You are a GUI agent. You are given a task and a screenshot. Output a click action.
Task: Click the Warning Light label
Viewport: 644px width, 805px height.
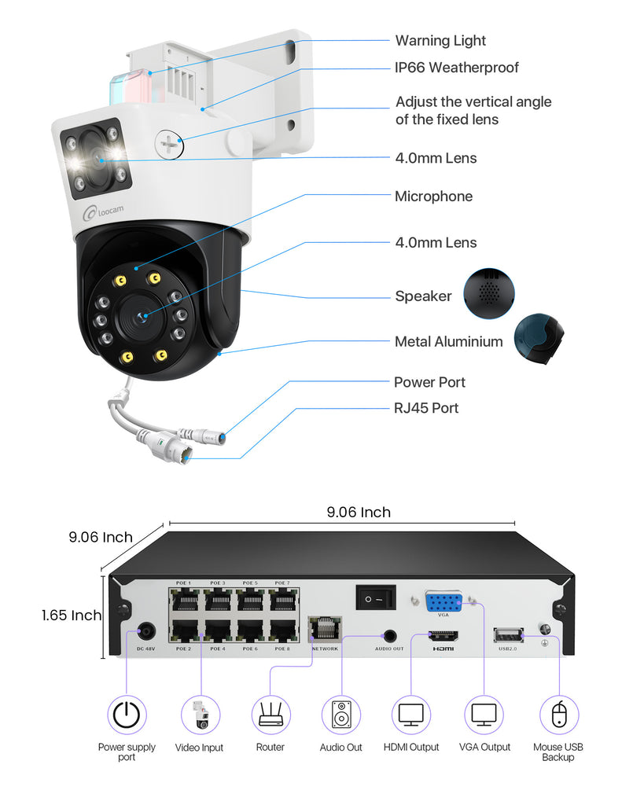[440, 41]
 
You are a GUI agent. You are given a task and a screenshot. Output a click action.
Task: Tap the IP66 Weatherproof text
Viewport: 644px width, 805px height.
[457, 68]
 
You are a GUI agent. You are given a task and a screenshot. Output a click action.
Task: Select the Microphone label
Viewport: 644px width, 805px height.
[433, 197]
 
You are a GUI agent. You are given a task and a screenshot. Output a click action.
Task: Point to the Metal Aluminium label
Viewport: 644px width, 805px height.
[448, 341]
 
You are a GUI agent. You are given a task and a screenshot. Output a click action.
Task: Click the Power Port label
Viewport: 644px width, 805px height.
[429, 382]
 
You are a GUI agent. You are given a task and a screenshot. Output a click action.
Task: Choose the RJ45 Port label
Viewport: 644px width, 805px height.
[426, 408]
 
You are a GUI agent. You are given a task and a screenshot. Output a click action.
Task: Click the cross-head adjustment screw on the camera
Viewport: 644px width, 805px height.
[169, 143]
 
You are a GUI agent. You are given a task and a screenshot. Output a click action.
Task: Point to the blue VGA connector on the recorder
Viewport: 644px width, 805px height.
[443, 602]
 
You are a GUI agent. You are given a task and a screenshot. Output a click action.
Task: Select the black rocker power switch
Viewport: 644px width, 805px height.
[374, 599]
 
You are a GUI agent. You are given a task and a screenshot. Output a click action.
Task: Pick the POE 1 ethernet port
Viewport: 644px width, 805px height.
[184, 600]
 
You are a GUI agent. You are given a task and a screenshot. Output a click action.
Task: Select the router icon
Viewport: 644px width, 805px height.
[270, 715]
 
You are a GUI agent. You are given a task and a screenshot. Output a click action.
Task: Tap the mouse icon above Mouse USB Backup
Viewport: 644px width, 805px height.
[558, 715]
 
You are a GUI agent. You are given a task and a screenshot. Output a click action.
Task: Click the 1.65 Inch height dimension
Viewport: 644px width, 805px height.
[72, 616]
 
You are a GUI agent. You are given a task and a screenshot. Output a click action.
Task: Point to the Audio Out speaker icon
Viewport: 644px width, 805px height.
[341, 715]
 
